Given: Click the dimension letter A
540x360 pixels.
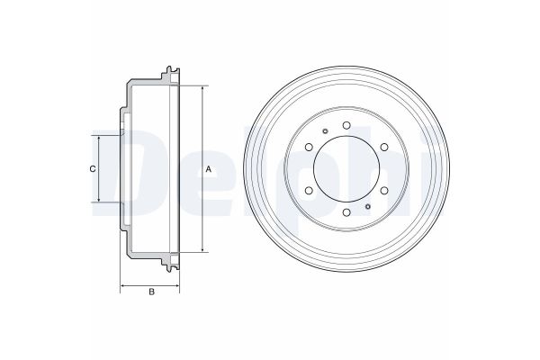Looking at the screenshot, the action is point(209,169).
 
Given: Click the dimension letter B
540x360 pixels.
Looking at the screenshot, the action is point(151,292).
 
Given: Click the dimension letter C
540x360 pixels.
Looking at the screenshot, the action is point(93,169).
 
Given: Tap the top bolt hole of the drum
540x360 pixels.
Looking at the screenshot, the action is point(346,125).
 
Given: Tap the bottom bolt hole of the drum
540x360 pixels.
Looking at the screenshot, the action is point(346,212).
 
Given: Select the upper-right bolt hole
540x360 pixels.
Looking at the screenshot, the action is point(384,147).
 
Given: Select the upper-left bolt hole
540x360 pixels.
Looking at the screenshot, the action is point(309,147).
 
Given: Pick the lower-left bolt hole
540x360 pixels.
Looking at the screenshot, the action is point(309,191).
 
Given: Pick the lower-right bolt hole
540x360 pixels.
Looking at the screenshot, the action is point(384,191).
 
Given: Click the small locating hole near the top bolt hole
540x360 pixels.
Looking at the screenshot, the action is point(325,130).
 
